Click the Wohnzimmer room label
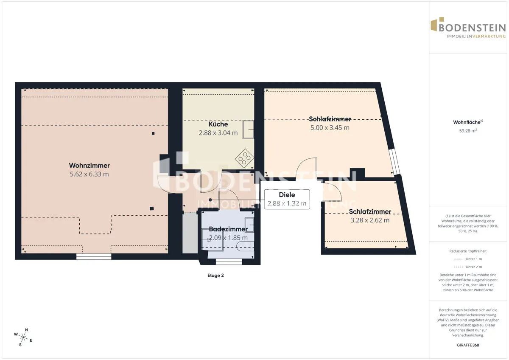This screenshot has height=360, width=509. tap(89, 165)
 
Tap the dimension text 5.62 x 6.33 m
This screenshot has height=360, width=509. tap(89, 174)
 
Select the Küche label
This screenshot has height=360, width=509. tap(218, 124)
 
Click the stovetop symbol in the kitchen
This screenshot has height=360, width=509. tap(244, 158)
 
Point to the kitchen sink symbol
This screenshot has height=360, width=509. tap(248, 129)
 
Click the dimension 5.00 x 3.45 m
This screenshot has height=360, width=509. tap(330, 128)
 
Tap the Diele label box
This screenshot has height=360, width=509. tap(287, 199)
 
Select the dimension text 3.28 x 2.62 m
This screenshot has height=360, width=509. tap(370, 220)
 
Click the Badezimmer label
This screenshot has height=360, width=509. tap(228, 229)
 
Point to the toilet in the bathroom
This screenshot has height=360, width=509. tap(245, 247)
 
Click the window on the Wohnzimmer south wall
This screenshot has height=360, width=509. tap(94, 256)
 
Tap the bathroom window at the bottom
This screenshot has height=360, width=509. tap(229, 262)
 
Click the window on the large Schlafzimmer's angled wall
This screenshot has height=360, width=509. tap(394, 161)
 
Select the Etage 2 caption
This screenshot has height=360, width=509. tap(215, 276)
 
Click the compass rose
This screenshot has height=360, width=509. tap(23, 337)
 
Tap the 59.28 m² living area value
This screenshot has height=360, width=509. tap(468, 131)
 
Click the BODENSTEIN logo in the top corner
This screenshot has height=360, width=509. tap(468, 28)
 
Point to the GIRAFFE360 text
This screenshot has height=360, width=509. tap(468, 345)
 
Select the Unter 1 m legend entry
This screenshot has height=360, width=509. tap(468, 259)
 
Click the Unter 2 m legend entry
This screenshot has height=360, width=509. tap(468, 267)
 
